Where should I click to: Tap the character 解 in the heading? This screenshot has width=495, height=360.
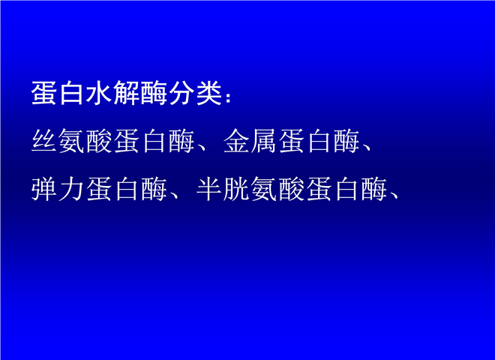point(126,93)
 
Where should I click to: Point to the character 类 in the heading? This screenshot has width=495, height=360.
point(208,93)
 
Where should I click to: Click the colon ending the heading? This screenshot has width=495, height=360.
point(228,97)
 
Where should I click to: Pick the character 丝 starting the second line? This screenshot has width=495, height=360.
point(44,141)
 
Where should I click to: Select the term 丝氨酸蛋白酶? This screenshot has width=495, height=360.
point(112,141)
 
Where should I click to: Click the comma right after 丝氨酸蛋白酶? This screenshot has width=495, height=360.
point(201,148)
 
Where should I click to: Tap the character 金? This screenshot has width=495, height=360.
point(235,141)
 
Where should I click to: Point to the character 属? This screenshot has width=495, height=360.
point(263,141)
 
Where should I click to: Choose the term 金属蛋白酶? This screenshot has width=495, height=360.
point(292,141)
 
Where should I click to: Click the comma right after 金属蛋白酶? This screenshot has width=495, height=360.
point(366,148)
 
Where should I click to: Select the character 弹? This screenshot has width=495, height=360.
point(44,190)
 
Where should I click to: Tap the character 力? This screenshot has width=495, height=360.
point(71,190)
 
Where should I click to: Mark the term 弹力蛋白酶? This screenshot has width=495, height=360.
point(99,190)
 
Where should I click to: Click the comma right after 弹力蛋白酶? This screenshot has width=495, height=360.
point(174,196)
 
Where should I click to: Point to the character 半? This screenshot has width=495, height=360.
point(208,190)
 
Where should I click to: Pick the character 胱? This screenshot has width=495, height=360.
point(236,190)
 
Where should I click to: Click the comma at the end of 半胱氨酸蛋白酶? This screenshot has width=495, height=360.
point(394,196)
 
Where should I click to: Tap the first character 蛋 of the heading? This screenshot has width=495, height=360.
point(44,93)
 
